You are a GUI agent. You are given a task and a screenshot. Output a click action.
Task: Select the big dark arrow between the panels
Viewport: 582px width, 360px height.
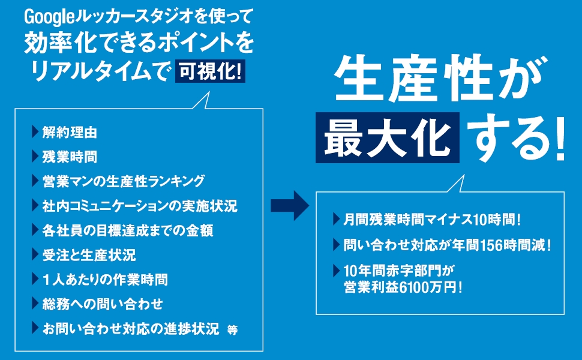point(289,205)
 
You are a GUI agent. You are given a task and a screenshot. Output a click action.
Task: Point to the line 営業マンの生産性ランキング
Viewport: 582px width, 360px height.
point(124,181)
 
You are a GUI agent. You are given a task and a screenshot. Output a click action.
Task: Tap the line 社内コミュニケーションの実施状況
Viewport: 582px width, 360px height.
point(140,206)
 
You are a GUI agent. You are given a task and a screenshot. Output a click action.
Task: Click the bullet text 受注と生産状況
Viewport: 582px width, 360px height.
point(89,255)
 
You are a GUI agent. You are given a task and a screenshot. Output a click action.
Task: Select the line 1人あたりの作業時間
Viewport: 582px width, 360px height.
point(104,280)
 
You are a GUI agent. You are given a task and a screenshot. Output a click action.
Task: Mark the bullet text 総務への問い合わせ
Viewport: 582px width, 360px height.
point(102,304)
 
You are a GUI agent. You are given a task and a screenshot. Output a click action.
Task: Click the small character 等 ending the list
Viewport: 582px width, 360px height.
point(232,331)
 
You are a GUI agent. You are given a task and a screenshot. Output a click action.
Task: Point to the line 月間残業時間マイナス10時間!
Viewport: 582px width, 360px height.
point(432,220)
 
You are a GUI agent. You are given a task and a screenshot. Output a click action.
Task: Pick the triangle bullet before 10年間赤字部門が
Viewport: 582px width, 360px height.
point(336,270)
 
